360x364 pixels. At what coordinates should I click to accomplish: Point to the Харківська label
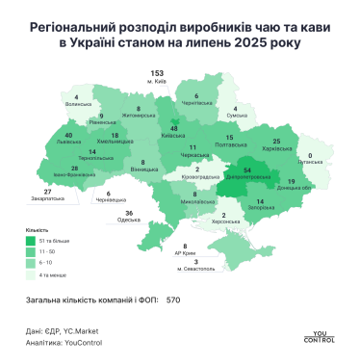(x=277, y=122)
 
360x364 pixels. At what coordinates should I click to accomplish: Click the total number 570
(x=173, y=299)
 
